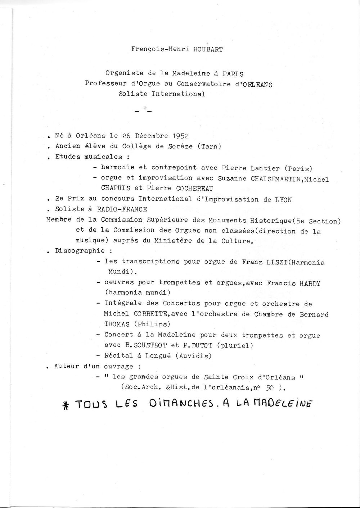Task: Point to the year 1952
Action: coord(180,136)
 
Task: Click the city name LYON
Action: coord(283,199)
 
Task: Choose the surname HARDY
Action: coord(310,283)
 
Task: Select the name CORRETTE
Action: coord(151,314)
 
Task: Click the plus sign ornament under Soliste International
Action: coord(144,108)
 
